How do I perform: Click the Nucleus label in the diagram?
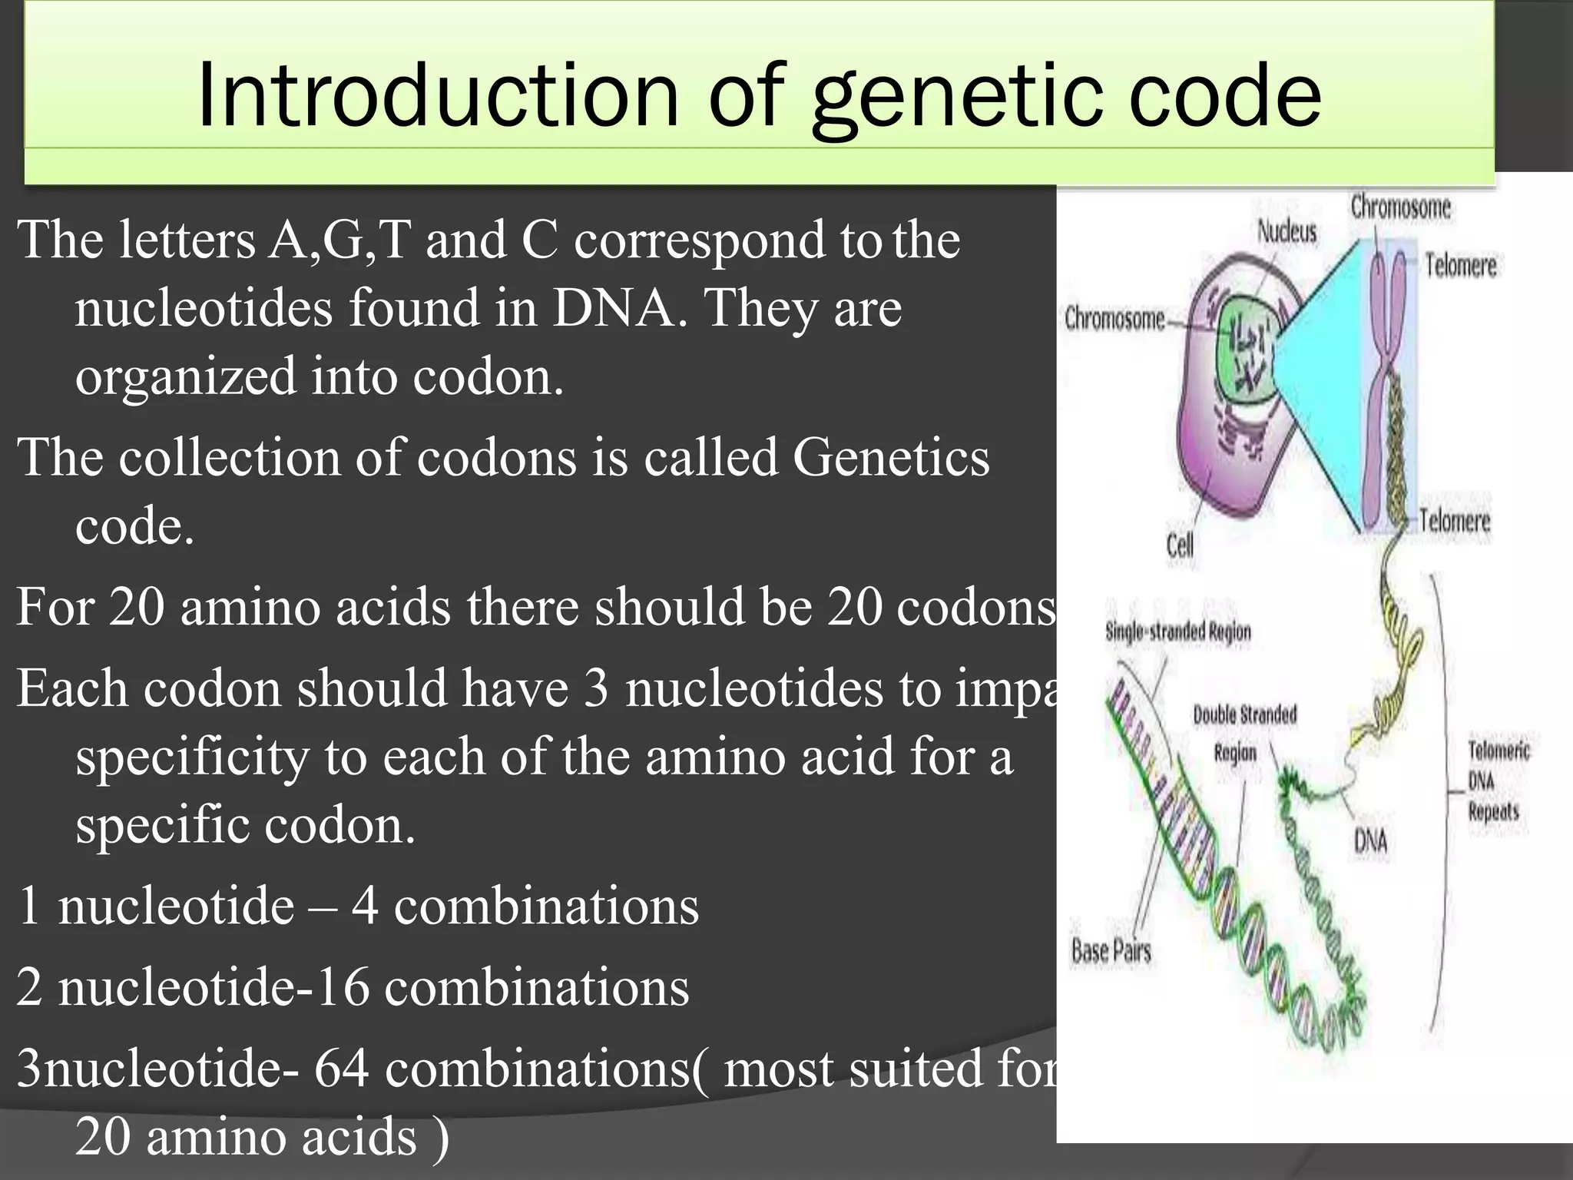1286,231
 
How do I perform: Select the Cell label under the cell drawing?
1179,545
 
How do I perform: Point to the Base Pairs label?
1111,951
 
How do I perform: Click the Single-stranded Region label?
1177,631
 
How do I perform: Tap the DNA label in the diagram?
1370,840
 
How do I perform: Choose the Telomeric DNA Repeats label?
1497,781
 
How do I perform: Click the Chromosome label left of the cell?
1114,318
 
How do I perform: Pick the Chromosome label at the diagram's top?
1400,207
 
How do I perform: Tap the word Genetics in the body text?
891,458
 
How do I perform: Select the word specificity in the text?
192,757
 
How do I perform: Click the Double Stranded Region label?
1243,733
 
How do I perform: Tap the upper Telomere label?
1460,266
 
